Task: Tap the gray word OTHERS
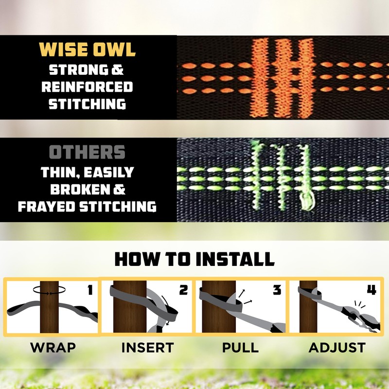tap(88, 152)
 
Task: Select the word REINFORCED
tap(88, 87)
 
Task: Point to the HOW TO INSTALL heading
tap(194, 259)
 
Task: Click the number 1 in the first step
tap(89, 290)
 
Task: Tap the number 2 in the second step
tap(183, 290)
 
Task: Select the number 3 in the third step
tap(277, 290)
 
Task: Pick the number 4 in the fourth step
tap(371, 290)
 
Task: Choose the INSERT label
tap(147, 348)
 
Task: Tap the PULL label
tap(240, 348)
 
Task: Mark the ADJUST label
tap(336, 348)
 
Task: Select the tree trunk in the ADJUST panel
tap(307, 316)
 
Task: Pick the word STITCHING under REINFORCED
tap(88, 104)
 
